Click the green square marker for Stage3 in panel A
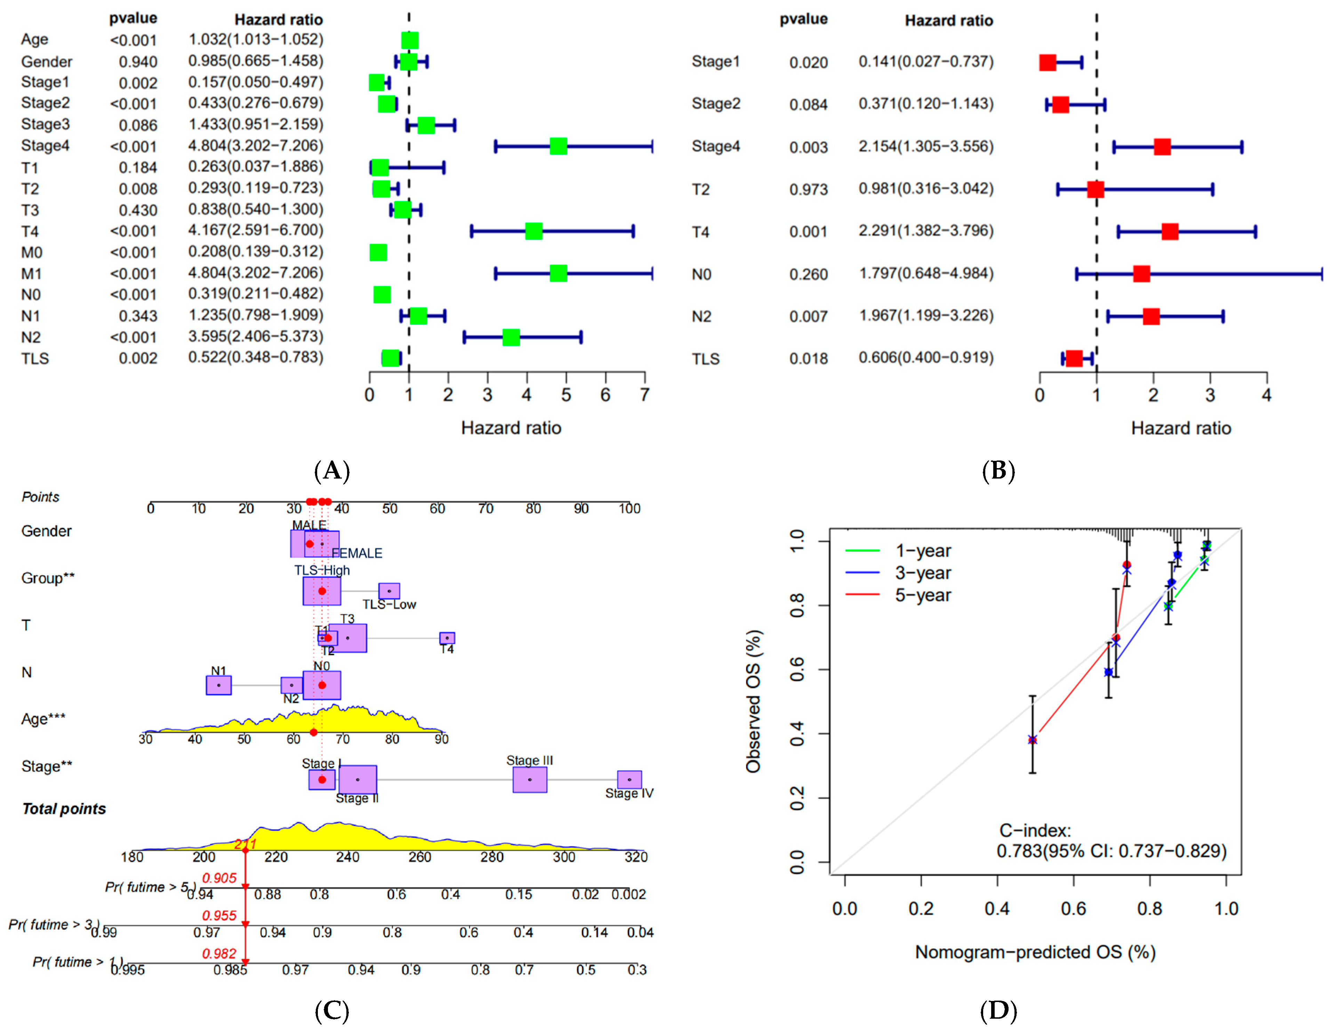(426, 126)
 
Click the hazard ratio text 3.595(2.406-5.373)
(256, 336)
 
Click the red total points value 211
(245, 844)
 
